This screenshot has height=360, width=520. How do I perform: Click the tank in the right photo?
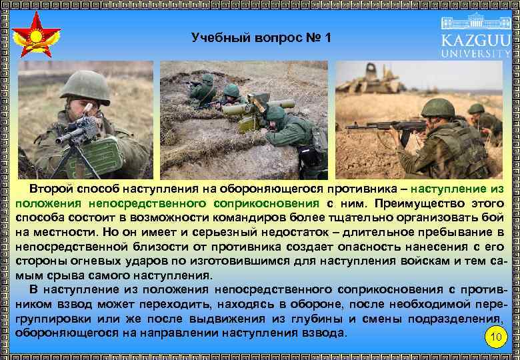pyautogui.click(x=370, y=79)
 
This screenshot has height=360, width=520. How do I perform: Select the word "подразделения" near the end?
pyautogui.click(x=457, y=318)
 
